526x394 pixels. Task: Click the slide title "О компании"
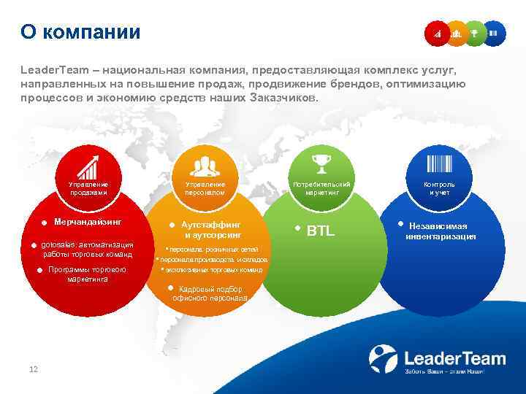pos(80,32)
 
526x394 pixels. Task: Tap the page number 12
pos(33,369)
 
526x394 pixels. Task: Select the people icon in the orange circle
pos(205,166)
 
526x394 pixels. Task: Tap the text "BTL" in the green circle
pos(321,231)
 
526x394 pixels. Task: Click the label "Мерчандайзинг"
pos(88,220)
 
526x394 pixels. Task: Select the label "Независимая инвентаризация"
pos(443,231)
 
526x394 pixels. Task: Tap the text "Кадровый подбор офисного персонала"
pos(210,293)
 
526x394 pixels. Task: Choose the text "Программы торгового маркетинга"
pos(88,274)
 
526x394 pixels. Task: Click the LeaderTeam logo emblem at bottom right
pos(383,359)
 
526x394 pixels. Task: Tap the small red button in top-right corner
pos(438,33)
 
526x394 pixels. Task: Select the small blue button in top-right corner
pos(494,33)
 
